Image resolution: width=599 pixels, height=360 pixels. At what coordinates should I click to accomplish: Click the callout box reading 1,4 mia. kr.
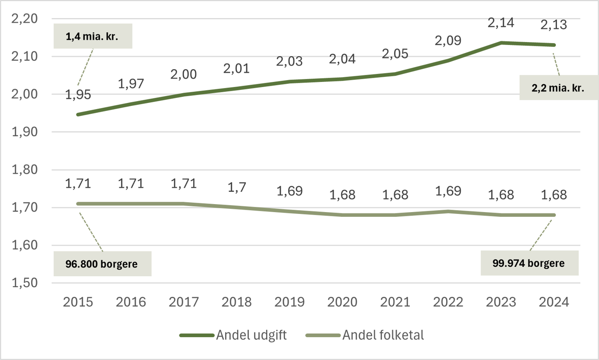click(93, 36)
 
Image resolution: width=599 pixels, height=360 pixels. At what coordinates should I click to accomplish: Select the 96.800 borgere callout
click(102, 264)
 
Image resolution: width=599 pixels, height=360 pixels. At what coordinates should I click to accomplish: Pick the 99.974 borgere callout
click(529, 263)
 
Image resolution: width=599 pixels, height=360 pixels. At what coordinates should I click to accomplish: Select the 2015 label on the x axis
click(78, 302)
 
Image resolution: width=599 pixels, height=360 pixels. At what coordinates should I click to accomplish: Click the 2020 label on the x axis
click(343, 302)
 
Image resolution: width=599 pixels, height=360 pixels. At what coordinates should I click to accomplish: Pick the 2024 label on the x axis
click(554, 302)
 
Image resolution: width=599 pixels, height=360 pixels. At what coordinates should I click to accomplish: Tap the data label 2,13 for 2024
click(554, 24)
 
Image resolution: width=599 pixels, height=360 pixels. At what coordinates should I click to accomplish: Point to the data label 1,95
click(78, 94)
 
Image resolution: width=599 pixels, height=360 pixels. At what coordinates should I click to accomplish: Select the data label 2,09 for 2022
click(448, 40)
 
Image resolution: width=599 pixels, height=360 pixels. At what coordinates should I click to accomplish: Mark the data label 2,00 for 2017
click(184, 74)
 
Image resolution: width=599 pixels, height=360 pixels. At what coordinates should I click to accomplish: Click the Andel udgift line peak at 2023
click(501, 43)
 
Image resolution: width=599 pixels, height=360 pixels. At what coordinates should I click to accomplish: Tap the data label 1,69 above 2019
click(290, 191)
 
